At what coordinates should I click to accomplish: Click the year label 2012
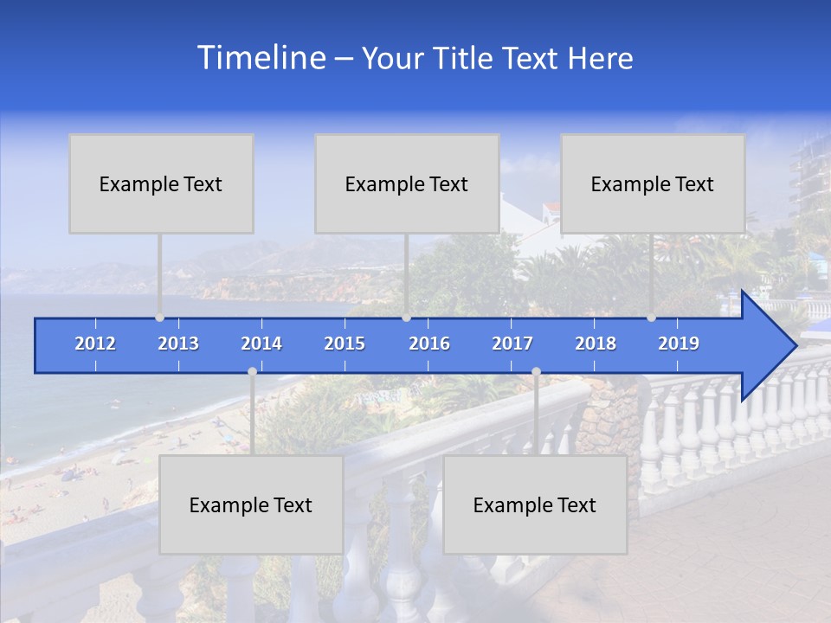click(x=95, y=344)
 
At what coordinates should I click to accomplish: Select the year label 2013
click(x=178, y=344)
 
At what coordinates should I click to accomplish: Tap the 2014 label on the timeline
click(x=261, y=344)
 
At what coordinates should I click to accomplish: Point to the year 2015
click(x=345, y=344)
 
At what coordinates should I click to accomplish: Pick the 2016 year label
click(x=429, y=344)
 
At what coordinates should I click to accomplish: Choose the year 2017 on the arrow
click(x=512, y=344)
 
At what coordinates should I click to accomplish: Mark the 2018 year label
click(x=596, y=344)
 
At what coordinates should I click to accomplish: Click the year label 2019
click(x=679, y=344)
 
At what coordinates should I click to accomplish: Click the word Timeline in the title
click(x=261, y=58)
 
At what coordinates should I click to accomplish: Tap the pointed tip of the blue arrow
click(x=795, y=346)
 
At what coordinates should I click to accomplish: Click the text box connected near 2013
click(x=161, y=183)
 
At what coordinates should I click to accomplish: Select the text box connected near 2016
click(x=407, y=183)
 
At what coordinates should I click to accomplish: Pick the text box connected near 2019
click(x=653, y=183)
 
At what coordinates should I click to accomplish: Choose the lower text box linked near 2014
click(x=251, y=504)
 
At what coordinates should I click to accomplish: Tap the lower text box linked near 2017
click(x=535, y=504)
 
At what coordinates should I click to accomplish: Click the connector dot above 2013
click(x=159, y=318)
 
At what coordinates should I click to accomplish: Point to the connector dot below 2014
click(x=252, y=372)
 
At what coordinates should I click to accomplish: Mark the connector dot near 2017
click(x=536, y=372)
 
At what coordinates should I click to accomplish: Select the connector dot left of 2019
click(x=652, y=318)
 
